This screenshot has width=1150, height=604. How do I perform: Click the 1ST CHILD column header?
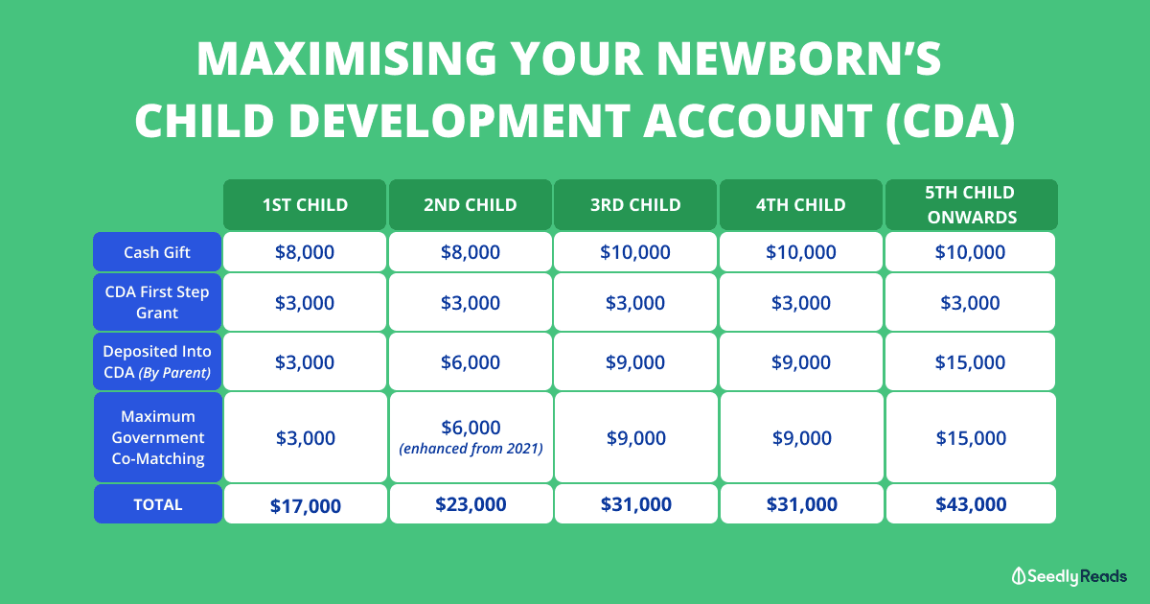[305, 204]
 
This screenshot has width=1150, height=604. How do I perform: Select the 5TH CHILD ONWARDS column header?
[972, 204]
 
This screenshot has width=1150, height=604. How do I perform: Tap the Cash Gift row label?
[157, 251]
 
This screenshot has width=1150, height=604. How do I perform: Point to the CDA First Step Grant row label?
[157, 302]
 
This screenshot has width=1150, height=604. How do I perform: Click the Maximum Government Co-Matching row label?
[158, 437]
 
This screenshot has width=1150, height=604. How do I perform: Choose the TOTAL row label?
[158, 504]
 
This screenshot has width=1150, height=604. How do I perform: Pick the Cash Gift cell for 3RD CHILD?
[635, 251]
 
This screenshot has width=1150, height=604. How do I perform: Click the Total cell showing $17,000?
[306, 504]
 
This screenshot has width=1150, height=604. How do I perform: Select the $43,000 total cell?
[971, 504]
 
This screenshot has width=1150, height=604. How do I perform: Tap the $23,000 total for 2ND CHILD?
[471, 504]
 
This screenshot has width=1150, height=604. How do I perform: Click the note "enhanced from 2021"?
[471, 449]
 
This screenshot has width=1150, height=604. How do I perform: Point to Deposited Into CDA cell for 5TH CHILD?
[970, 361]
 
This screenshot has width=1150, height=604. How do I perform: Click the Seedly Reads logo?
[1069, 576]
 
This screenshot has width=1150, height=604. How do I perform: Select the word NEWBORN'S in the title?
[798, 58]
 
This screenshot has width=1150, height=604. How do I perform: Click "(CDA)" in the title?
[951, 121]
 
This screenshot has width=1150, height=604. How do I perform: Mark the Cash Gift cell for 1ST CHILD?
[305, 251]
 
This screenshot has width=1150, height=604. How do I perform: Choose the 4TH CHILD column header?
[801, 204]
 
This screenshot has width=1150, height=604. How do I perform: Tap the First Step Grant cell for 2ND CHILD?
[471, 302]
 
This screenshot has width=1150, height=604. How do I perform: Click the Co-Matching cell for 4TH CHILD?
[802, 437]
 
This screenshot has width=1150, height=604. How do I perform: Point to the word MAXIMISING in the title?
[347, 58]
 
